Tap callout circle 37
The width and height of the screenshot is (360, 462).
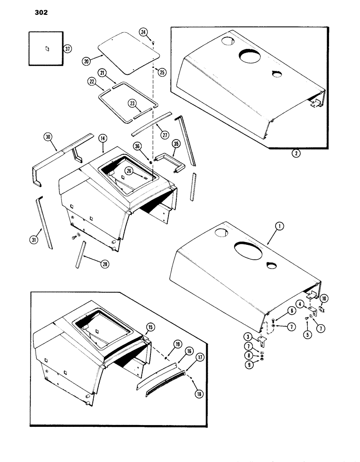pyautogui.click(x=68, y=49)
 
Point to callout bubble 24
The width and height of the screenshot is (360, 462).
pyautogui.click(x=144, y=32)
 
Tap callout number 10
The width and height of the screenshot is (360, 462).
pyautogui.click(x=324, y=298)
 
